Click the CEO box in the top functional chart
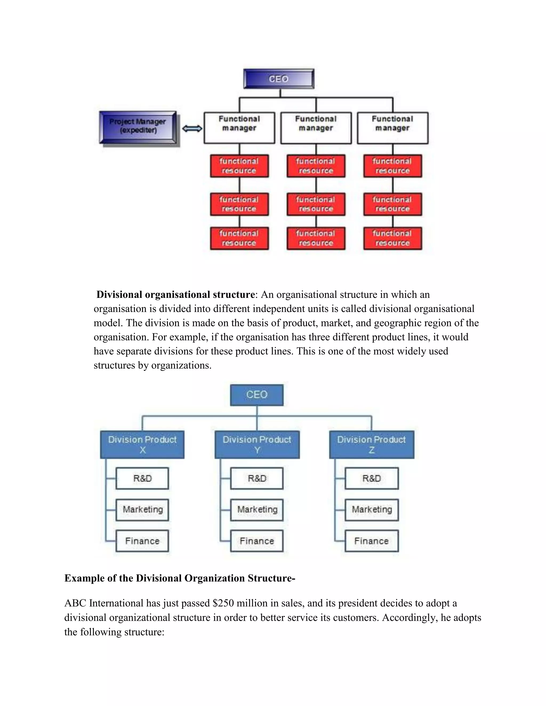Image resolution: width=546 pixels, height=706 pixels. pyautogui.click(x=279, y=79)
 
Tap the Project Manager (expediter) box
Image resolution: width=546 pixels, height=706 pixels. pyautogui.click(x=138, y=127)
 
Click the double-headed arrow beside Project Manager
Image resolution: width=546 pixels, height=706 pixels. pyautogui.click(x=192, y=129)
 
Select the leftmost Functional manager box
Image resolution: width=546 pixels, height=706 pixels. pyautogui.click(x=239, y=128)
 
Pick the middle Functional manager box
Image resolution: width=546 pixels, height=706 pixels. pyautogui.click(x=316, y=128)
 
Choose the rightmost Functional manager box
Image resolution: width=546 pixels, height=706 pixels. pyautogui.click(x=392, y=128)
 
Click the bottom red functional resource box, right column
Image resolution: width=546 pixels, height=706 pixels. pyautogui.click(x=392, y=238)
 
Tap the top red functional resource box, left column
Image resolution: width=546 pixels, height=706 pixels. pyautogui.click(x=239, y=166)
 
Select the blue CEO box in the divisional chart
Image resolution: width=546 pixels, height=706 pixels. pyautogui.click(x=257, y=395)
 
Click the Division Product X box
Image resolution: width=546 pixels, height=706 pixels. pyautogui.click(x=142, y=444)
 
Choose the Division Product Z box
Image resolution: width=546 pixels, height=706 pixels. pyautogui.click(x=371, y=444)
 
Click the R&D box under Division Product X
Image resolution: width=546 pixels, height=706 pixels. pyautogui.click(x=142, y=478)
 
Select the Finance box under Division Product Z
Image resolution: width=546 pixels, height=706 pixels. pyautogui.click(x=371, y=541)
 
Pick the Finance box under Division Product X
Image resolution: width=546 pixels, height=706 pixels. pyautogui.click(x=142, y=541)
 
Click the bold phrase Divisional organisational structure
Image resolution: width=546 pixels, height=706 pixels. pyautogui.click(x=176, y=294)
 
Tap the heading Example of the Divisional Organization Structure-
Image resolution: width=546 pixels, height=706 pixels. pyautogui.click(x=180, y=578)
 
